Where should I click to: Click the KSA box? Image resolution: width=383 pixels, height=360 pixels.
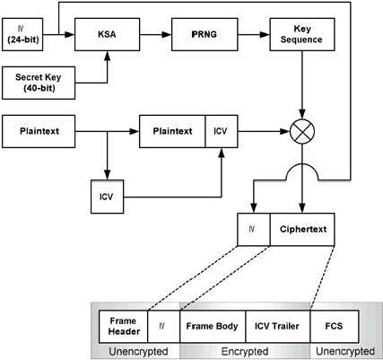point(107,34)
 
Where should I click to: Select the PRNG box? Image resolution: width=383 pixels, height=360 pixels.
point(205,34)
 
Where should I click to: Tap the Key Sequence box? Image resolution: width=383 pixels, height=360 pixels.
point(302,34)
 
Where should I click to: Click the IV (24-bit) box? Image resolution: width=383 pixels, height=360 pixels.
point(22,34)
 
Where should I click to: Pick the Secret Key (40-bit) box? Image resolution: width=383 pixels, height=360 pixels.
point(39,83)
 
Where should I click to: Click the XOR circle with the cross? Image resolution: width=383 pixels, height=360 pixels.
point(302,131)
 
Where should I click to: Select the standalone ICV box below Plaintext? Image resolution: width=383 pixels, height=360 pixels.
point(107,197)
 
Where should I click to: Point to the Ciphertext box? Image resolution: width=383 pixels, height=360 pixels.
point(302,230)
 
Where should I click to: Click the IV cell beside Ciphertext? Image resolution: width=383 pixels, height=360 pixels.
point(254,230)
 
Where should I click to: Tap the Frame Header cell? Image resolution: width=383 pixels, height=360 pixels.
point(123,327)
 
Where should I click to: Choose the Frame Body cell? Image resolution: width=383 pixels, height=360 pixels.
point(213,327)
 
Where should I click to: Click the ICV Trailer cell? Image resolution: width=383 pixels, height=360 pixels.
point(278,327)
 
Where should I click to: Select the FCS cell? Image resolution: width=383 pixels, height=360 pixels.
point(335,327)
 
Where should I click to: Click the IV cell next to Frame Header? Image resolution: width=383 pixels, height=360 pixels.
point(164,327)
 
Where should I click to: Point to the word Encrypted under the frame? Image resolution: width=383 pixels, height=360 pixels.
point(245,351)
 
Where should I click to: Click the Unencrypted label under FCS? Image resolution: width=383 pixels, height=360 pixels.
point(345,351)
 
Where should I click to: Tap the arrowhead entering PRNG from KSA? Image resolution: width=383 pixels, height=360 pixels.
point(167,34)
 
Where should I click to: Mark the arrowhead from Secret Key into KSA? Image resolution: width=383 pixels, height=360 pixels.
point(107,56)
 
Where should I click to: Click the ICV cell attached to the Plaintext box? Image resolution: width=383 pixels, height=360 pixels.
point(222,131)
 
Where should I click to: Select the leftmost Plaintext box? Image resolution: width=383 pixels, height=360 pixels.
point(39,131)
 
